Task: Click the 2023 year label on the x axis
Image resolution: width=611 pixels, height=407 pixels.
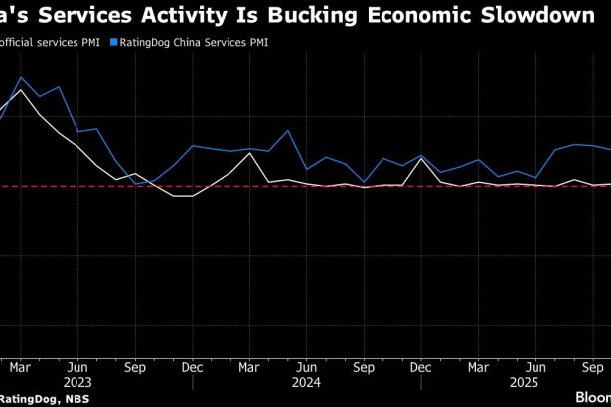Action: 77,379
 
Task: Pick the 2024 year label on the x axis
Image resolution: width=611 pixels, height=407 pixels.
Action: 307,379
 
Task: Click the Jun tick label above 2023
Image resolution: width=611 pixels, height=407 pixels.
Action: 77,364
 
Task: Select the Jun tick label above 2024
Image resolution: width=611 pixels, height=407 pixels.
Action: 307,364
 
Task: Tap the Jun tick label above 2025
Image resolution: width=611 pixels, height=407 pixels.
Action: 535,364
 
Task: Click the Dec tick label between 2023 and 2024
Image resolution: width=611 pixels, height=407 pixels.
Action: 193,364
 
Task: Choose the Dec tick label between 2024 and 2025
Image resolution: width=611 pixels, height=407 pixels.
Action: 421,364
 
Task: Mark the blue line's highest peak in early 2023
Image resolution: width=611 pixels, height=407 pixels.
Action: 21,77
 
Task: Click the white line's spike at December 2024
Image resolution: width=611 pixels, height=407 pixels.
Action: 421,159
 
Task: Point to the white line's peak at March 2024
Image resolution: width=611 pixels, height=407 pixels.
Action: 249,153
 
